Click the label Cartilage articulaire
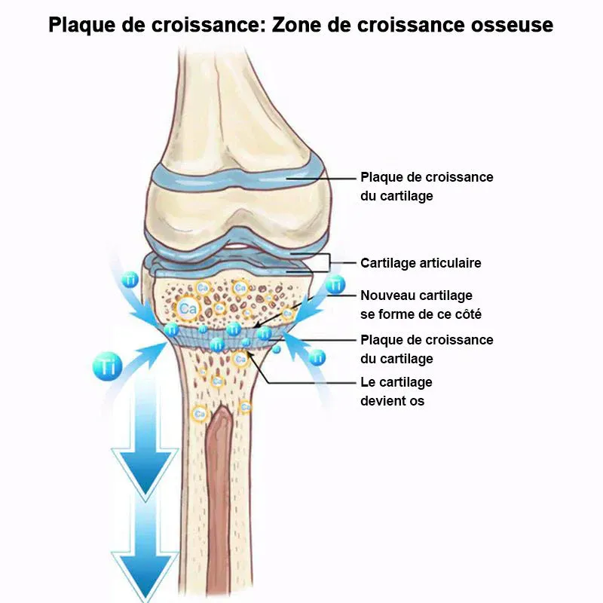(x=421, y=263)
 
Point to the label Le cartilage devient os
(x=396, y=391)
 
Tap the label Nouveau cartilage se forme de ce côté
(x=421, y=305)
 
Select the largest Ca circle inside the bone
(x=187, y=308)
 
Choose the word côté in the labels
(x=467, y=314)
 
